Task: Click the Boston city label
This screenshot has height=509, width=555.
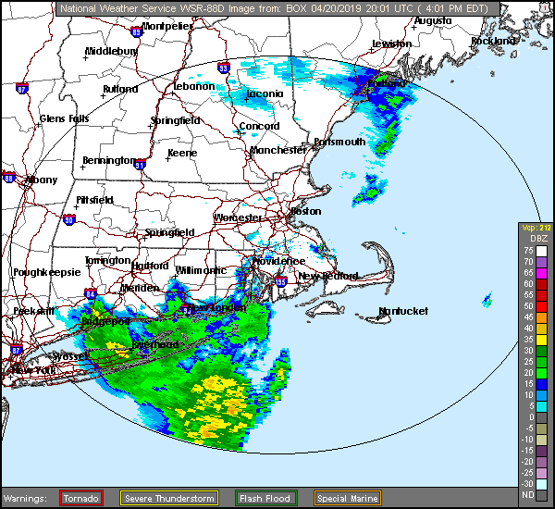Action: coord(305,211)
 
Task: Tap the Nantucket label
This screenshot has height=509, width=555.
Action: coord(403,311)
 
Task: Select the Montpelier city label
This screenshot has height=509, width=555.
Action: coord(167,27)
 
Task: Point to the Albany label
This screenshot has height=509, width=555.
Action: coord(42,180)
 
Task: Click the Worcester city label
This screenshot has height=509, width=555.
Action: coord(239,217)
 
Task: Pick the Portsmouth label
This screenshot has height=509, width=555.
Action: coord(339,142)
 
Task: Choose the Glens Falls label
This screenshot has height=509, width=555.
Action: coord(65,118)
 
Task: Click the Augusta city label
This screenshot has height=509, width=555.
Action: coord(432,19)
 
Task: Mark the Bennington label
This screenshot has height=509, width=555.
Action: coord(108,160)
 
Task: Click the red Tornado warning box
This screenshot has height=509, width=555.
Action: coord(81,498)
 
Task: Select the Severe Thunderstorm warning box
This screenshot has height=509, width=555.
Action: coord(168,498)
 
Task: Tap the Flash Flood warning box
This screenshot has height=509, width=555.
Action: coord(265,498)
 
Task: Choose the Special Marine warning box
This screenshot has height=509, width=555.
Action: coord(345,498)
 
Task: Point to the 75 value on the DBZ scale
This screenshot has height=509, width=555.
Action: coord(529,250)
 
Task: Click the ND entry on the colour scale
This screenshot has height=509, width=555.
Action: coord(529,495)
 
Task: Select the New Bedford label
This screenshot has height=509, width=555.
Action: coord(322,276)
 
